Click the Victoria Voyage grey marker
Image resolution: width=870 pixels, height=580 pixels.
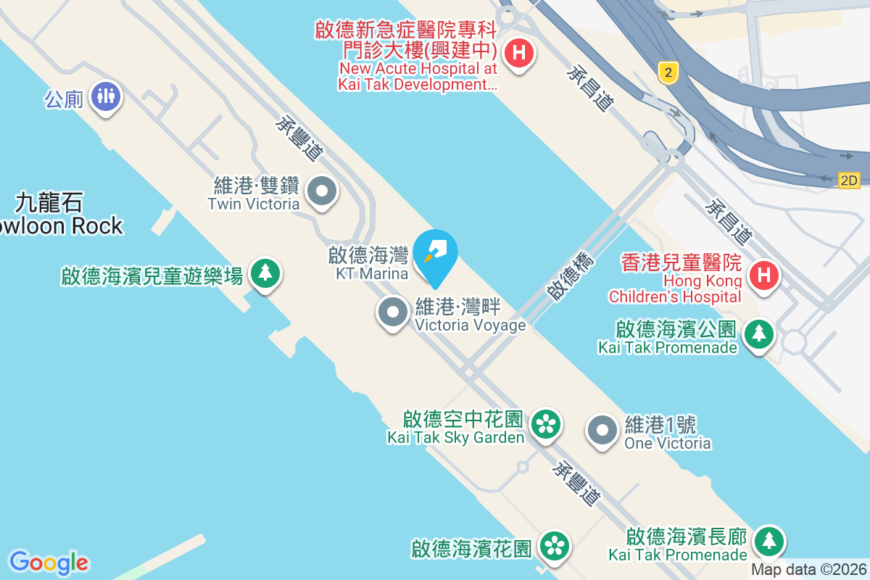[393, 312]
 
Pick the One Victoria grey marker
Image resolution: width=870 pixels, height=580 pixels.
[602, 431]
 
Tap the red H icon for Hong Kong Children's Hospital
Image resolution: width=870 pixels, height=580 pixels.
[763, 274]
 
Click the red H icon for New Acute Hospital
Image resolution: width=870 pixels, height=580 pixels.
[518, 52]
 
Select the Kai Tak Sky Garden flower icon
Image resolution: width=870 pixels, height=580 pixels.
[545, 424]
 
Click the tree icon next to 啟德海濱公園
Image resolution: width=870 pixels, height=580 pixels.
[758, 333]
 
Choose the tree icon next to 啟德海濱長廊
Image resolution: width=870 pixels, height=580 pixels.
[768, 541]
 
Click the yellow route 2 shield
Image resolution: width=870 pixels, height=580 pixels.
[668, 72]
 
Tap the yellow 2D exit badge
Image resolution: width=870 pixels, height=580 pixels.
[848, 181]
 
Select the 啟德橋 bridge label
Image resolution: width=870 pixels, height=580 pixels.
[570, 276]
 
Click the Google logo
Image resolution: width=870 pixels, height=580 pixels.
[49, 563]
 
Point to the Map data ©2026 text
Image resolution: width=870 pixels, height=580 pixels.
[808, 570]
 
